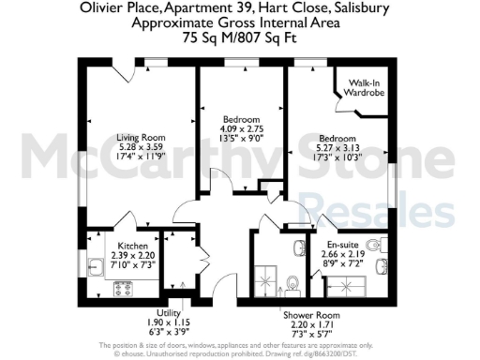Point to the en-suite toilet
(376, 246)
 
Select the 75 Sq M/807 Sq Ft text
(239, 39)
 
